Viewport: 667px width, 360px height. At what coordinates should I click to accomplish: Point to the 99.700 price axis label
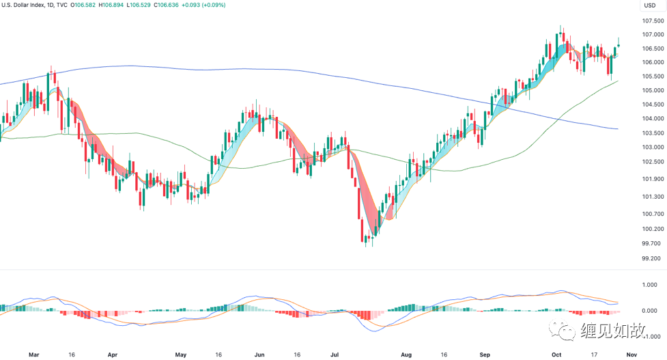[x=651, y=243]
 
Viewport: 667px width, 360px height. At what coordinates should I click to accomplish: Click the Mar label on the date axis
[x=33, y=355]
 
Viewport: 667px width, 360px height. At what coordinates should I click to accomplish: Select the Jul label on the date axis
[x=335, y=355]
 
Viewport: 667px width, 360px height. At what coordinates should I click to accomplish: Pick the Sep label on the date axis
[x=485, y=355]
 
